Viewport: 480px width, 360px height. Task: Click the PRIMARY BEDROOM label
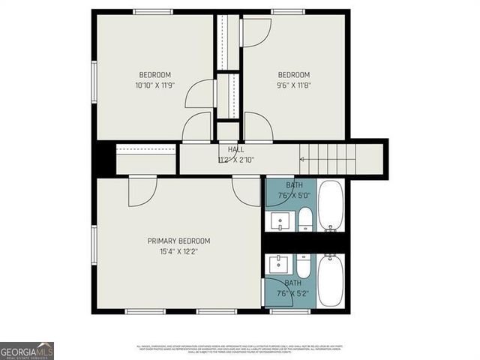(178, 241)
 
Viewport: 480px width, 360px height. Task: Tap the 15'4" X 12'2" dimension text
(178, 251)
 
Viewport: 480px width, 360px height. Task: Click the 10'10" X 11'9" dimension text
(154, 85)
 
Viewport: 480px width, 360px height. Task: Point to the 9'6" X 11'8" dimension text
(293, 85)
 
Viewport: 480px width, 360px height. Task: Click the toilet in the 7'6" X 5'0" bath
(305, 220)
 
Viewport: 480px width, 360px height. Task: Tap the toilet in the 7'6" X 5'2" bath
(303, 266)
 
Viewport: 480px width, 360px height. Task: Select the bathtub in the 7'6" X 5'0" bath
(330, 205)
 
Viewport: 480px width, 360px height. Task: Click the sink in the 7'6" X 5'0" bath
(279, 222)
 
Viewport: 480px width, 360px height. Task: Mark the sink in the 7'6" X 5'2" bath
(279, 264)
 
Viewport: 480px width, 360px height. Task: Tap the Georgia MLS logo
(27, 350)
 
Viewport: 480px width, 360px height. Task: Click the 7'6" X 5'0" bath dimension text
(294, 195)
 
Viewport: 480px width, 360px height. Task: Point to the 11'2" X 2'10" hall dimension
(235, 160)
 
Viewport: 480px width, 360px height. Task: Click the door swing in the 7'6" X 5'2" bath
(275, 286)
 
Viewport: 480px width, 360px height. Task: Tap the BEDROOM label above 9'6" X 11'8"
(293, 74)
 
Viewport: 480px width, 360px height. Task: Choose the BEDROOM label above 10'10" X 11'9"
(154, 74)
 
